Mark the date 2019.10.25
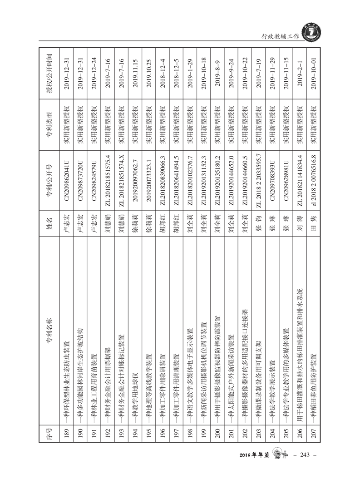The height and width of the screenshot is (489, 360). pyautogui.click(x=149, y=70)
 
